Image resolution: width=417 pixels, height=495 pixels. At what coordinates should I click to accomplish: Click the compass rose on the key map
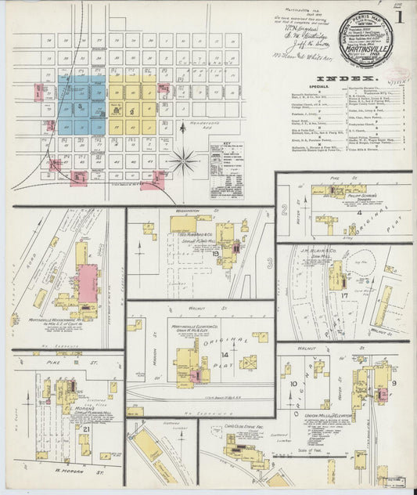click(185, 162)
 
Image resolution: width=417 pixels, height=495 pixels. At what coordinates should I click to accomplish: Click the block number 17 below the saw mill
click(343, 296)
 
